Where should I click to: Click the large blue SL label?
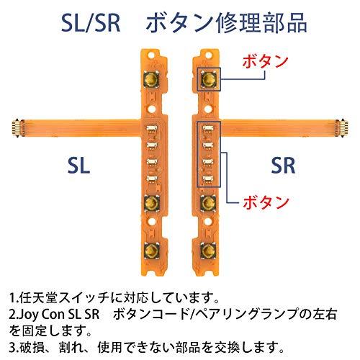pos(78,166)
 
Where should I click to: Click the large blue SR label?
pos(283,166)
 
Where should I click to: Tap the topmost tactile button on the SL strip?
pos(152,79)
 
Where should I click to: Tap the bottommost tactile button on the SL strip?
pos(152,251)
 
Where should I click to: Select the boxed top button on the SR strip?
pos(209,79)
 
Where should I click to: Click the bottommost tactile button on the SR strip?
pos(208,251)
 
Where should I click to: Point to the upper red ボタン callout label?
pos(265,61)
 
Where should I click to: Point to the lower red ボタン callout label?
pos(266,202)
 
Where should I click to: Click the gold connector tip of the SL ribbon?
pos(17,128)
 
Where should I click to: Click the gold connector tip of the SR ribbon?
pos(343,128)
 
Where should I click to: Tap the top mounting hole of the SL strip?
pos(151,55)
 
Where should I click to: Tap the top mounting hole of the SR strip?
pos(209,55)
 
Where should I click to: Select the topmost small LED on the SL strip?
pos(152,128)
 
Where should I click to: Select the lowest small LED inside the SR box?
pos(208,179)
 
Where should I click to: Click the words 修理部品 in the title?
pos(261,23)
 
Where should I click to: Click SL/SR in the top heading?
pos(91,23)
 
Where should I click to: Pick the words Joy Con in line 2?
pos(44,315)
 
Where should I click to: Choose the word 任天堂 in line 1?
pos(39,297)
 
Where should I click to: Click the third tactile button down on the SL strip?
pos(152,203)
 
